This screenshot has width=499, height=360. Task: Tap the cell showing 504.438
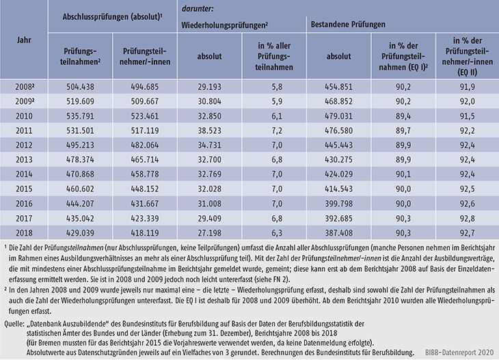[x=79, y=86]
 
